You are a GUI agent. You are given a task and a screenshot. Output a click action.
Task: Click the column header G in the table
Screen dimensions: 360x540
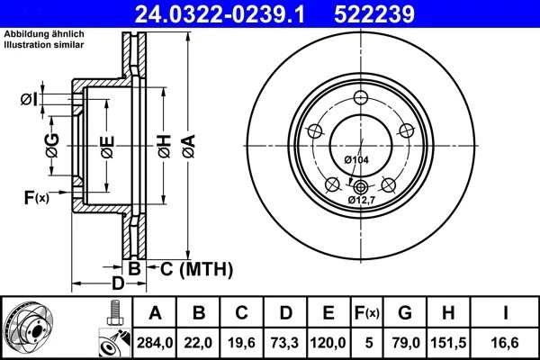[x=405, y=312]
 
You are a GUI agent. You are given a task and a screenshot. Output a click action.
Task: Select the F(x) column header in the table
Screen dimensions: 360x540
[x=368, y=312]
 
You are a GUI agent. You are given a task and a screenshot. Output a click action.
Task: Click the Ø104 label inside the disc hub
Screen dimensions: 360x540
[x=356, y=160]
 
